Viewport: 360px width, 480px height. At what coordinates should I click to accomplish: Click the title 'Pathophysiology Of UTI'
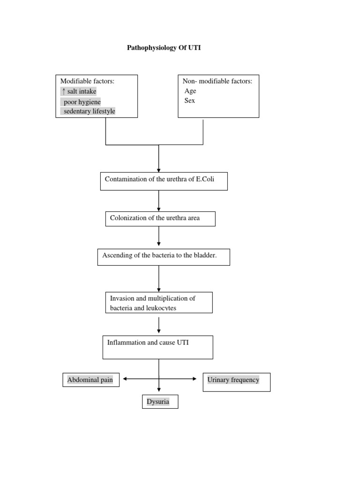(x=164, y=48)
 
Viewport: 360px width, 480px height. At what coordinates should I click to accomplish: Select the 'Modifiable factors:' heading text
(x=88, y=81)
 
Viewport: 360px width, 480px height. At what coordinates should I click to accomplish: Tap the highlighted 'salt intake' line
(x=82, y=91)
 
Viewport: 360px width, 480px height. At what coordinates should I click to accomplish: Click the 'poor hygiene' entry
(x=82, y=102)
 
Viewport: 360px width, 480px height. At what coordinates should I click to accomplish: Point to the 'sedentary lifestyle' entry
(x=89, y=111)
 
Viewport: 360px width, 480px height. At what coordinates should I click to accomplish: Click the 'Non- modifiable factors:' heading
(x=217, y=81)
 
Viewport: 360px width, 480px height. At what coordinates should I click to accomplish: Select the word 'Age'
(x=190, y=91)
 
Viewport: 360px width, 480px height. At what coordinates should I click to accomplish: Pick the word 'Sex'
(x=190, y=101)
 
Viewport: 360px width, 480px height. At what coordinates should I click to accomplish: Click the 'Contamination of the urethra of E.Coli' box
(x=164, y=181)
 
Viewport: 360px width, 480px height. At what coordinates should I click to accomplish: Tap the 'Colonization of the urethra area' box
(x=160, y=218)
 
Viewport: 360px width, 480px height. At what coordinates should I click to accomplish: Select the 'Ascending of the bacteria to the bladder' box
(x=164, y=257)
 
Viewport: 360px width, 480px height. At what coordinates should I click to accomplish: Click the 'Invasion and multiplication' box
(x=159, y=302)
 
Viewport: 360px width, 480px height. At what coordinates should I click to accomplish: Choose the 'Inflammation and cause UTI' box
(x=158, y=347)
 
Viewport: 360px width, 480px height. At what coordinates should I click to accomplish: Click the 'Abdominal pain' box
(x=90, y=380)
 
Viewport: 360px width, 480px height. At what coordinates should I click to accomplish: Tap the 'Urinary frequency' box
(x=236, y=382)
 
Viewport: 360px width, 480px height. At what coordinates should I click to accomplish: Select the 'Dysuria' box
(x=160, y=402)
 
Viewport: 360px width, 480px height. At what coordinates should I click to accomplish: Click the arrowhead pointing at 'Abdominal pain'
(x=124, y=379)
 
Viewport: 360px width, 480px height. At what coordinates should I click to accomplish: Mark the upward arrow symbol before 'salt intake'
(x=63, y=91)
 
